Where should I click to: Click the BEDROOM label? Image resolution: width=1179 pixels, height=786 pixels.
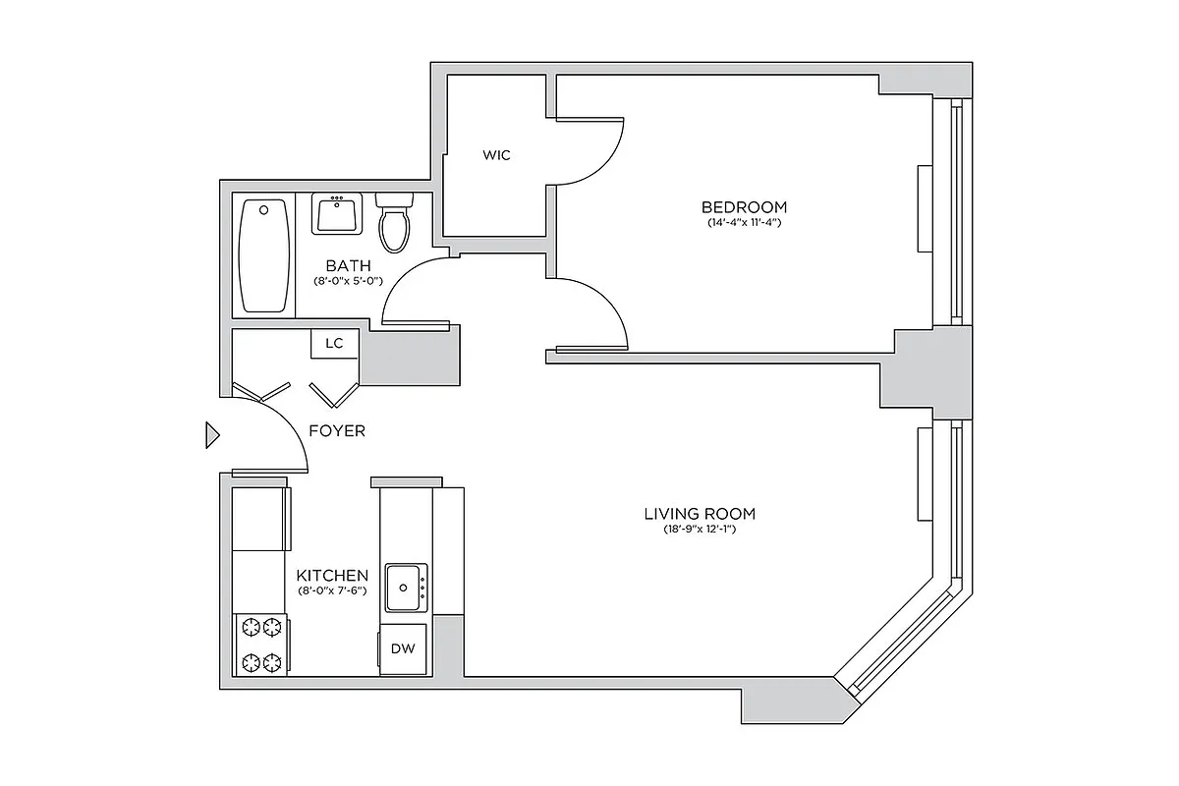pos(744,207)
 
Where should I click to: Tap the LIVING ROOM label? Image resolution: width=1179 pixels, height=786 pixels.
pos(700,514)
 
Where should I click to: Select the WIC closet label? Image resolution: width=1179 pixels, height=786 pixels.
pos(496,155)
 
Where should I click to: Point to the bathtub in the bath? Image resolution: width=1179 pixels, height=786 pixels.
pos(264,255)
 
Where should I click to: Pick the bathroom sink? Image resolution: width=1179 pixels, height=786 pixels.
pos(337,213)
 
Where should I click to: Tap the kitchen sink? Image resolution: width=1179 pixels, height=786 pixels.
pos(406,588)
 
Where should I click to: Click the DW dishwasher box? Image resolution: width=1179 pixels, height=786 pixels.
pos(403,648)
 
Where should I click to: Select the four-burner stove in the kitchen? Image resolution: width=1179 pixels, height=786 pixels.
pos(261,645)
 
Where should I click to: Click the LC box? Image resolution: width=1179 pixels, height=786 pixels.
pos(335,344)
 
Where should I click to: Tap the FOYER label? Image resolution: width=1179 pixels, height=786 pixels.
pos(337,431)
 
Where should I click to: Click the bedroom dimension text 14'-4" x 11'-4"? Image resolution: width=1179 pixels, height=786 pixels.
pos(744,223)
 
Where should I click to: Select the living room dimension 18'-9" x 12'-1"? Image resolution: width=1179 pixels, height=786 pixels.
pos(700,531)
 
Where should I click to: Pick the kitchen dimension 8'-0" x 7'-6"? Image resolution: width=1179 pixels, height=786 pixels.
pos(333,590)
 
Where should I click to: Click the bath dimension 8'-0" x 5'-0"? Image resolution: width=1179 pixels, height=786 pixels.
pos(348,281)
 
